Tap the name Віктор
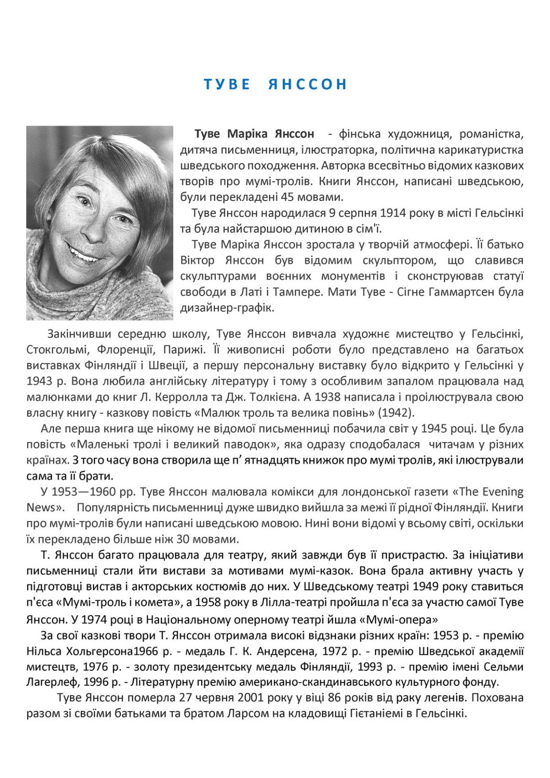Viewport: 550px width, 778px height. point(197,261)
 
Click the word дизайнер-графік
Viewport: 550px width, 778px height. point(227,308)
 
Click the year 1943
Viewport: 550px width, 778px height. point(38,381)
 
